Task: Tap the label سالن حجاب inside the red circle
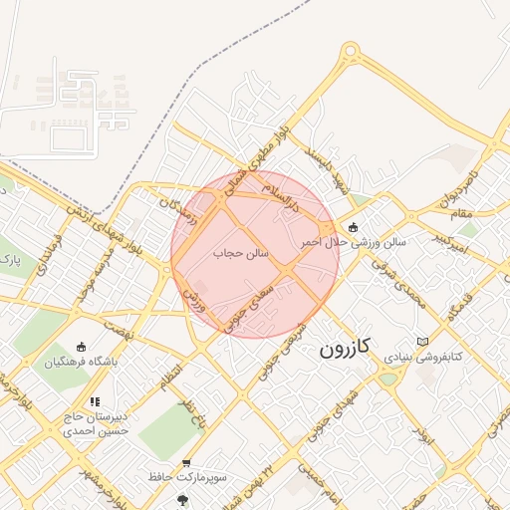pyautogui.click(x=241, y=254)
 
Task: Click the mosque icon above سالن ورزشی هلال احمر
pyautogui.click(x=354, y=225)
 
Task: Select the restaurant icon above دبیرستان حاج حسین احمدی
pyautogui.click(x=95, y=402)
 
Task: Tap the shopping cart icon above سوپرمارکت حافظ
pyautogui.click(x=187, y=463)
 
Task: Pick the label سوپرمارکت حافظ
pyautogui.click(x=186, y=477)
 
